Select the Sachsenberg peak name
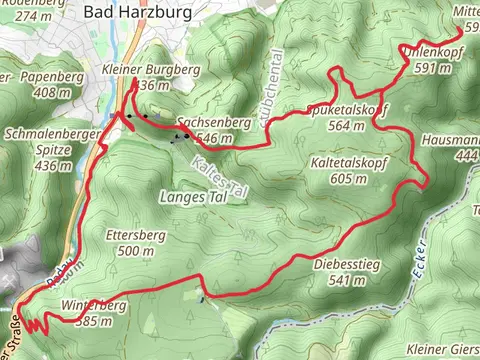point(208,123)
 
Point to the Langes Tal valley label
point(194,198)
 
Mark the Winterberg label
point(93,304)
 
